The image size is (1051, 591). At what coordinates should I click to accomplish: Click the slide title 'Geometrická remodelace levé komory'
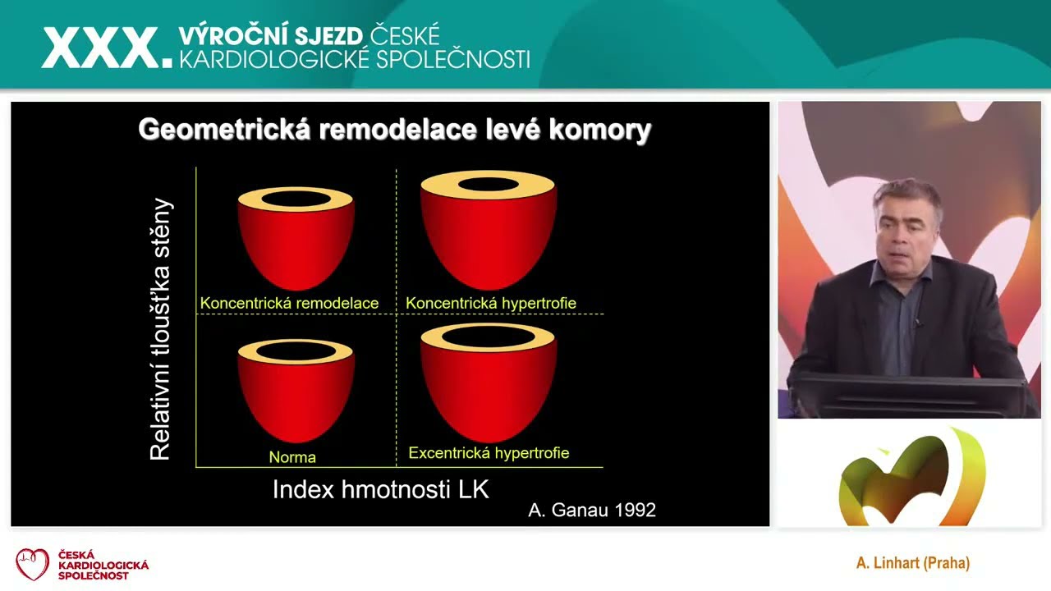coord(394,130)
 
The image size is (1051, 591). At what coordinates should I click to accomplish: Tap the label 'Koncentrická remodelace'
coord(289,304)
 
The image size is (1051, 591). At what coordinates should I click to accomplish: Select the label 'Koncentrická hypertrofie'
coord(491,304)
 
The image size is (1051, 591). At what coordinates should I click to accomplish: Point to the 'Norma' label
coord(292,457)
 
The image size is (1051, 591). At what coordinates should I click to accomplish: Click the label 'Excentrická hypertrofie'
coord(489,453)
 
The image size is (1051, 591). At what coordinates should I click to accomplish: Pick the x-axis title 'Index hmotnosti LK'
coord(380,490)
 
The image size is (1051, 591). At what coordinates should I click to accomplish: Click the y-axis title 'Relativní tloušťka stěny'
coord(161,328)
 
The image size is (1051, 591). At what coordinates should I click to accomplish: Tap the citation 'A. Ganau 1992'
coord(591,511)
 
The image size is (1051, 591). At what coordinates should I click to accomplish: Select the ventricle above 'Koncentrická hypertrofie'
coord(489,234)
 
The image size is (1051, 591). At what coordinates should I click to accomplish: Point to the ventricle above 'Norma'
coord(296,392)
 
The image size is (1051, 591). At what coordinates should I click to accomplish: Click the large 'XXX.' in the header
coord(107,48)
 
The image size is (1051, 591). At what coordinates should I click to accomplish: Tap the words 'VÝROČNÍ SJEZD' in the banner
coord(271,36)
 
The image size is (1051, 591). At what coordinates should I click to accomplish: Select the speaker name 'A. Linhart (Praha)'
coord(912,563)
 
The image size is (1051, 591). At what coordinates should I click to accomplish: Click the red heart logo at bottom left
coord(33,564)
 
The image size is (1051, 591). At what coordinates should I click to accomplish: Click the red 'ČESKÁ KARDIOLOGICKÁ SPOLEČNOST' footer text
coord(103,565)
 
